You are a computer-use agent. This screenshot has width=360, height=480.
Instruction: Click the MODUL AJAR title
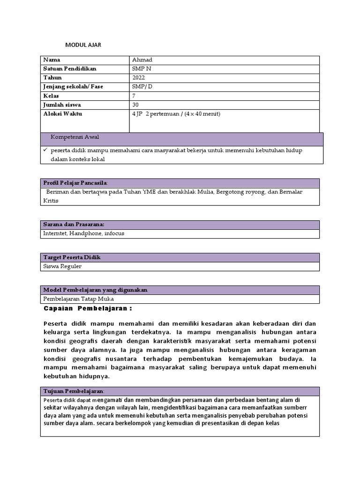(83, 45)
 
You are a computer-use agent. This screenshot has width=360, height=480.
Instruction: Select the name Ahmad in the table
(142, 60)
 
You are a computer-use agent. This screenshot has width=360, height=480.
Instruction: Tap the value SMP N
(142, 69)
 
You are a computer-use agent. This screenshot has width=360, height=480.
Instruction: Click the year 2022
(139, 78)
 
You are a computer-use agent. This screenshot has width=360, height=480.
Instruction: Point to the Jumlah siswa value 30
(136, 105)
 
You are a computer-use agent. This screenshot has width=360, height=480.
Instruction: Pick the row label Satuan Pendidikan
(70, 69)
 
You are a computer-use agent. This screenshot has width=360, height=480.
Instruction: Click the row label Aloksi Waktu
(62, 114)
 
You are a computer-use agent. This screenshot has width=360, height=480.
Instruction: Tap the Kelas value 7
(135, 96)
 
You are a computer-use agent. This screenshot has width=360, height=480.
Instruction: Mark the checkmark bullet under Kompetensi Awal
(45, 150)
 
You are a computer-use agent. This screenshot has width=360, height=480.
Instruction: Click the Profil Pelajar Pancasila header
(75, 182)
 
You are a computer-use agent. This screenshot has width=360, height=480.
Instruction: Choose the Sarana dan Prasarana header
(74, 225)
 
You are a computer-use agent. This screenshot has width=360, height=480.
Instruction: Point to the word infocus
(114, 233)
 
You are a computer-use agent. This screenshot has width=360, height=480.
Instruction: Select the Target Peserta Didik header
(72, 257)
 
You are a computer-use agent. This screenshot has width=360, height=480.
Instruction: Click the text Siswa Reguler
(62, 266)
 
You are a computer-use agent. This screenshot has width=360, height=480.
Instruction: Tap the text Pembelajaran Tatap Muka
(78, 299)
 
